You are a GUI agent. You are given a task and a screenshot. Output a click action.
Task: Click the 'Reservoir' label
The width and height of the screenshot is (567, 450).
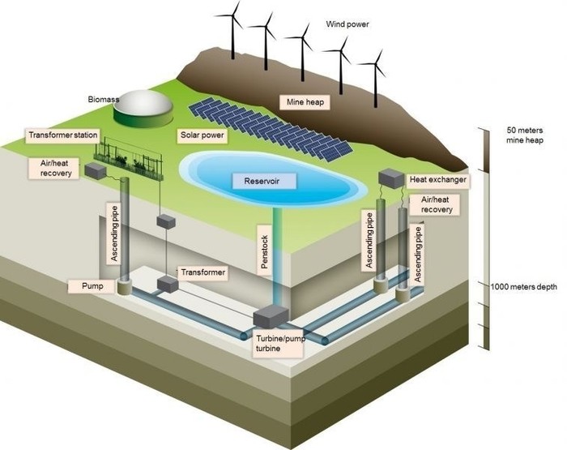click(261, 180)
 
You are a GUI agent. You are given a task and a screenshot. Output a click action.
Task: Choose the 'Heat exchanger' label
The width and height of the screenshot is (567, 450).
click(434, 181)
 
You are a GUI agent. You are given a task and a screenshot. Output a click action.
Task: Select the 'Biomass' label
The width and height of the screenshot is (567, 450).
click(104, 99)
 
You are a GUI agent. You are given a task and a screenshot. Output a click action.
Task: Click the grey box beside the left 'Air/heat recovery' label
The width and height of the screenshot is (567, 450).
click(96, 171)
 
